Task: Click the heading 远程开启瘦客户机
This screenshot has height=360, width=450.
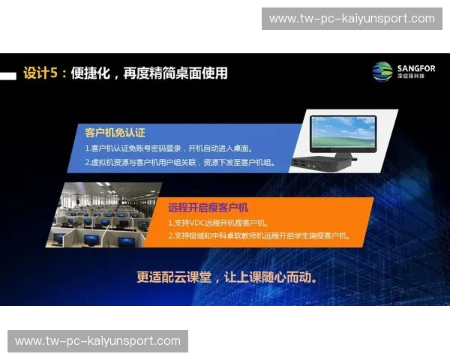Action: click(208, 207)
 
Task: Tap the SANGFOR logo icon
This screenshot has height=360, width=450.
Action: click(382, 71)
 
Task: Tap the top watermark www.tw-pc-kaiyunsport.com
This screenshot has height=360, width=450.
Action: click(352, 18)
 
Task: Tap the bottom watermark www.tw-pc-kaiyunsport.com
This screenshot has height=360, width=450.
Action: click(98, 341)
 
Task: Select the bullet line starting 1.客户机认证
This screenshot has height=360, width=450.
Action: click(168, 148)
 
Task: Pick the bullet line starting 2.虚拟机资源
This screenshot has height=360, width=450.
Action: click(179, 161)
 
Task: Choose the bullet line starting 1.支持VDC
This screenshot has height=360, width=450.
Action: click(217, 222)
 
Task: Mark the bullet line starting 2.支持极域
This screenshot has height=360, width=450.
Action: click(259, 235)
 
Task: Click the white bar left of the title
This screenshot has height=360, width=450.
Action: click(7, 75)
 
